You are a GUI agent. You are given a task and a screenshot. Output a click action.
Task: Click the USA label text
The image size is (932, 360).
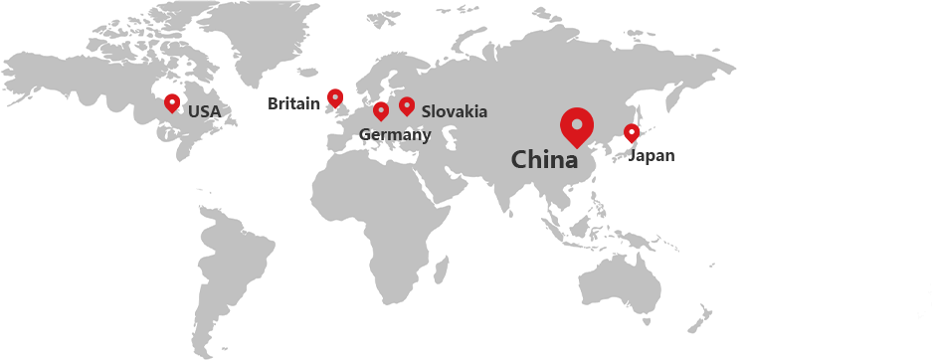(x=204, y=111)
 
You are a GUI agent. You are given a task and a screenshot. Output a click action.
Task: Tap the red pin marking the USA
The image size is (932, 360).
(x=172, y=102)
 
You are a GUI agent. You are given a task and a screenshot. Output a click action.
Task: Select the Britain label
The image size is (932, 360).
(x=293, y=103)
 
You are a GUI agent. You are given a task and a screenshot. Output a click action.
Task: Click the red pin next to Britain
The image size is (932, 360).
(x=335, y=97)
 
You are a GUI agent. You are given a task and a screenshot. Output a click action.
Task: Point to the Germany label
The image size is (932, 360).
(x=394, y=135)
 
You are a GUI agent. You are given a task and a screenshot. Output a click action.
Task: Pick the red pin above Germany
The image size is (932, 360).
(x=380, y=110)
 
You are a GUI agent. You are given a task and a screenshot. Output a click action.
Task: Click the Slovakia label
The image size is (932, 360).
(x=455, y=111)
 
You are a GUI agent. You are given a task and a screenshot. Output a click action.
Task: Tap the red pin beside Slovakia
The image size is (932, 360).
(x=407, y=105)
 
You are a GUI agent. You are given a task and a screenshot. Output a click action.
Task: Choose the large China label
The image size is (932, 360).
(x=544, y=159)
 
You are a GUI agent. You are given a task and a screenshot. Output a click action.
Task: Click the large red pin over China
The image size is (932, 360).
(x=576, y=125)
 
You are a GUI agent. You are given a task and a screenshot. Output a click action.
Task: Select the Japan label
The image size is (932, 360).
(x=652, y=155)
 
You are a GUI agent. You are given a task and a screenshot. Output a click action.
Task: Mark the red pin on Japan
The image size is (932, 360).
(x=632, y=132)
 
